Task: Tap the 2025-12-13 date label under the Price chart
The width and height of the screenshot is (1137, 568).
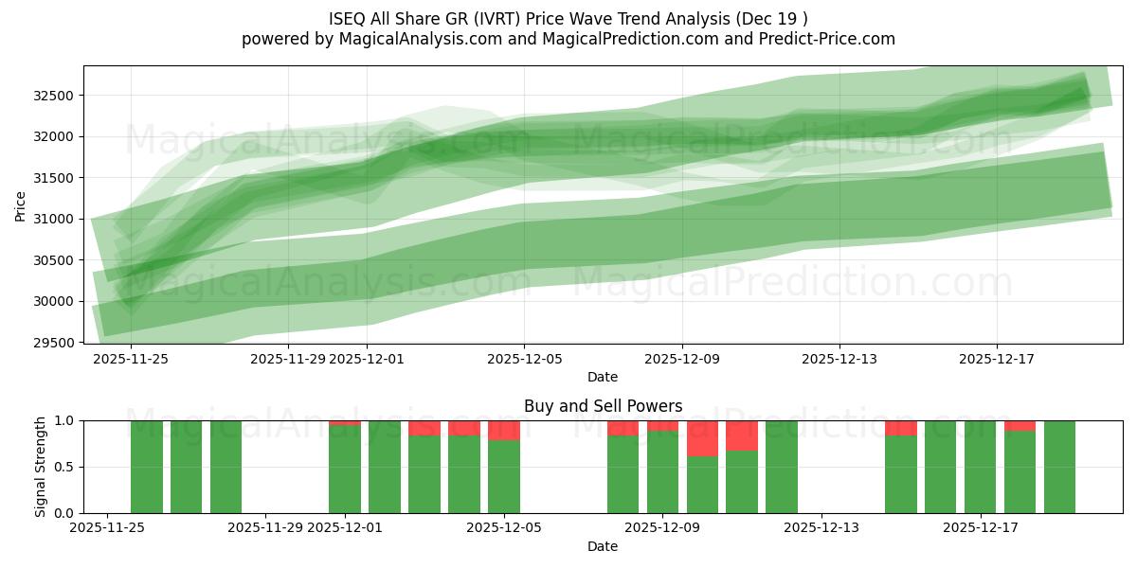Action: pos(839,359)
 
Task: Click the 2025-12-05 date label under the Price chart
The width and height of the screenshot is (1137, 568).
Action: pos(524,359)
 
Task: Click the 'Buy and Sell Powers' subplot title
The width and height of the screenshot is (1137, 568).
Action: pos(603,406)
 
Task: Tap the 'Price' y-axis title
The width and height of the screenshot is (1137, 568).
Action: pos(21,204)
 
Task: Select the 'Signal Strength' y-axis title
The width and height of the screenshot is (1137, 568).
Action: pos(40,467)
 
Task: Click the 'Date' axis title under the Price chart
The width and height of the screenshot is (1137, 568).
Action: pos(603,377)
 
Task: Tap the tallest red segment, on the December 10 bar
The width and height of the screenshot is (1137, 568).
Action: pos(702,438)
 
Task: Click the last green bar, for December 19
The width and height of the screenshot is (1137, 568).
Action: pos(1059,467)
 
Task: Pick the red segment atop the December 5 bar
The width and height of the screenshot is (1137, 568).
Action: pos(504,430)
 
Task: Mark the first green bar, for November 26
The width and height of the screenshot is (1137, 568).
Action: pos(147,467)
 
